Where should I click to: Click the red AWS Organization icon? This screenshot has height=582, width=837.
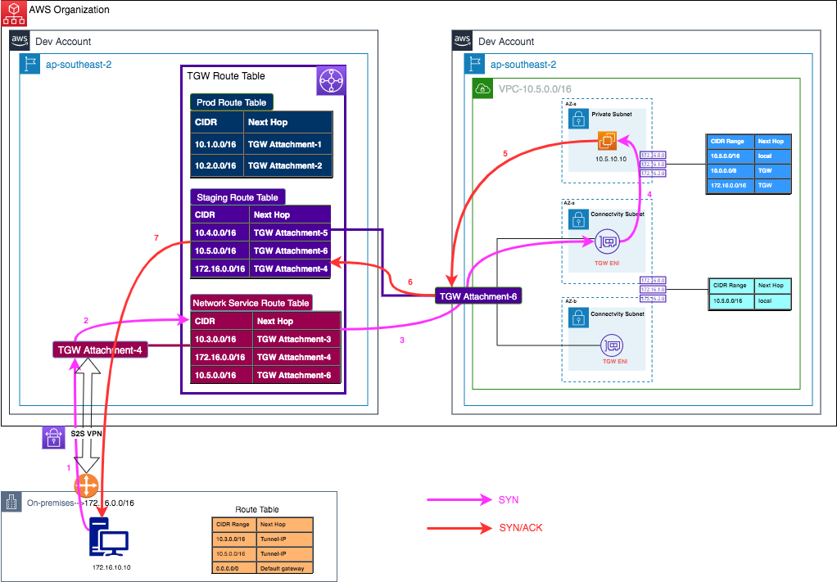tap(13, 11)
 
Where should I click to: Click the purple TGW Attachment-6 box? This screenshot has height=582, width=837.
tap(478, 296)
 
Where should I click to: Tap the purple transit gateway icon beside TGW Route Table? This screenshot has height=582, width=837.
tap(332, 81)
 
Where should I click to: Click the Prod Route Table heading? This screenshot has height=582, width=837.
tap(232, 102)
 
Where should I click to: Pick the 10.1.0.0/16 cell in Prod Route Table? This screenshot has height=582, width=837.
tap(215, 144)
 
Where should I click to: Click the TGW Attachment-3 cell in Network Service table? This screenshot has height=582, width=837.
tap(296, 339)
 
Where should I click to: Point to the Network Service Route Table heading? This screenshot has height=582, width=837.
tap(251, 303)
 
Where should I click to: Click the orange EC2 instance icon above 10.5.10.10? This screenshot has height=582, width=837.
tap(607, 141)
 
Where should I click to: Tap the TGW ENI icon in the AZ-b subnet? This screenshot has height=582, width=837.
tap(609, 345)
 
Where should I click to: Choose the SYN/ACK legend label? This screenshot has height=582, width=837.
tap(521, 528)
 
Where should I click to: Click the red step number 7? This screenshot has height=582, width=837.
tap(156, 237)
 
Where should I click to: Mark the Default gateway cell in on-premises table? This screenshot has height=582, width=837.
tap(283, 568)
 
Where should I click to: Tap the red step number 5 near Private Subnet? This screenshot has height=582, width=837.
tap(505, 153)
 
